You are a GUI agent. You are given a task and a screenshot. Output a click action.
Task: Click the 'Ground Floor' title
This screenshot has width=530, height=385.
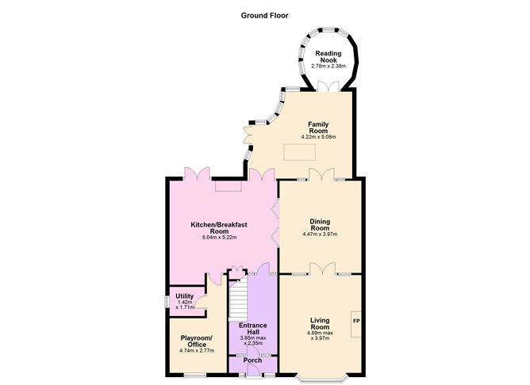264,14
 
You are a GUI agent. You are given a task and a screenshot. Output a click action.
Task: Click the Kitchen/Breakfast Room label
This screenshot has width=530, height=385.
219,228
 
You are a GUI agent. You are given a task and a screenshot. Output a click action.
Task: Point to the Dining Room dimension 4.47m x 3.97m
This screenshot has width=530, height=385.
319,234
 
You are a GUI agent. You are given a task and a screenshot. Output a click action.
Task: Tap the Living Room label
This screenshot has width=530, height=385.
319,323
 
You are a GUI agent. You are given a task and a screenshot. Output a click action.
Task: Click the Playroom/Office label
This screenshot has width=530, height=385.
193,341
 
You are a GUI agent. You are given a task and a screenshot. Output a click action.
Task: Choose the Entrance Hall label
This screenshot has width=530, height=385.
252,329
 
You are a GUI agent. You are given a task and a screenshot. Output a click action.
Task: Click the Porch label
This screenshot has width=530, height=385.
252,360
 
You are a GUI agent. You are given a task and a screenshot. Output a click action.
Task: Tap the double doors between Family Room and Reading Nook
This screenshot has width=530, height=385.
323,86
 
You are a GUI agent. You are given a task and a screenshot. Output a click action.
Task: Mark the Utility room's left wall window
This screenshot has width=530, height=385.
167,302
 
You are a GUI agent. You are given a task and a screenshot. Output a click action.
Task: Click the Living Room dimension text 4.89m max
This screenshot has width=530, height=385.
319,334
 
